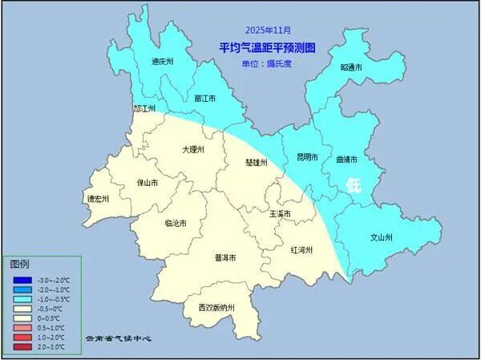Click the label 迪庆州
(x=162, y=61)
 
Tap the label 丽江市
(x=205, y=98)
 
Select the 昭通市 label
(x=351, y=68)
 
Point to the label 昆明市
(x=307, y=157)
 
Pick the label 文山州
(x=382, y=238)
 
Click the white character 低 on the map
(x=354, y=184)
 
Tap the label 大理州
(x=192, y=149)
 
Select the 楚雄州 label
(x=256, y=162)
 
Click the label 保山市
(x=148, y=183)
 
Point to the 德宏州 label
(x=97, y=199)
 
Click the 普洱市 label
(x=225, y=258)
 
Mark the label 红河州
(x=301, y=250)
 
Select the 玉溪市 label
(x=279, y=214)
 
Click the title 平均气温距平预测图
(x=267, y=48)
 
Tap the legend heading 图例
(x=19, y=265)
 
